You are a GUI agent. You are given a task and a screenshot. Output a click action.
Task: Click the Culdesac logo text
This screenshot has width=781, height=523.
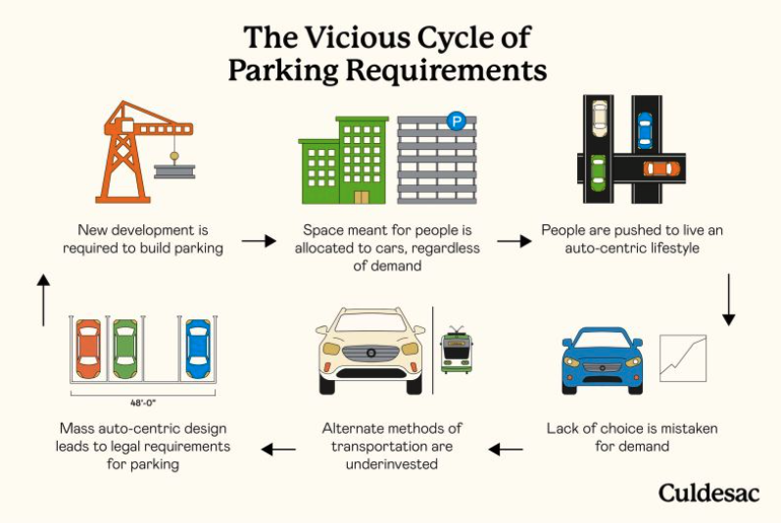coord(708,492)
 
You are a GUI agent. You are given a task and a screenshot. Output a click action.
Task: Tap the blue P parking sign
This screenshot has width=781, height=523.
coord(456,121)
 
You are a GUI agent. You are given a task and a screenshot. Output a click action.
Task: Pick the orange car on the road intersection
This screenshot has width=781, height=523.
coord(660,168)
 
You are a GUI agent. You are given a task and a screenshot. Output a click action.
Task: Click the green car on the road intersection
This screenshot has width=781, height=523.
coord(598,173)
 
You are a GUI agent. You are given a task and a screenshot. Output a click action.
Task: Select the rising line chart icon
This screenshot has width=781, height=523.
coord(683,358)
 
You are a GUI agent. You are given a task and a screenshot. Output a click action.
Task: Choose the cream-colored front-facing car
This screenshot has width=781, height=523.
coord(369,350)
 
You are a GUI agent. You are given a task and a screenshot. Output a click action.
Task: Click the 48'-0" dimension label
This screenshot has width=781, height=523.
coord(143,403)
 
